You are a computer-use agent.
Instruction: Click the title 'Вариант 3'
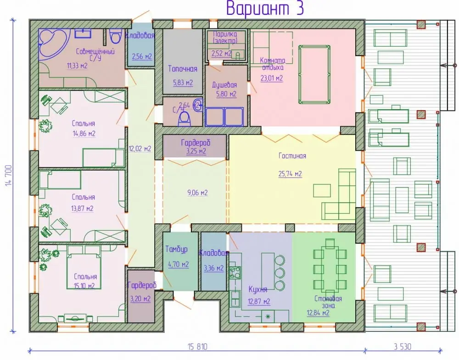coord(265,8)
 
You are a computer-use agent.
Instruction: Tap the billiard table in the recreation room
coord(314,74)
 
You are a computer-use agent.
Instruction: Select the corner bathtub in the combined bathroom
coord(54,44)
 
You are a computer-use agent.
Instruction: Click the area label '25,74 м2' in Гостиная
coord(290,174)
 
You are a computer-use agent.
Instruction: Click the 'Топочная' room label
coord(183,69)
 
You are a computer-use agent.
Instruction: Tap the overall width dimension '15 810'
coord(197,347)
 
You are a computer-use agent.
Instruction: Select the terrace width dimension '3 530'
coord(403,347)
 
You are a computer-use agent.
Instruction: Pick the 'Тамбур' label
coord(177,249)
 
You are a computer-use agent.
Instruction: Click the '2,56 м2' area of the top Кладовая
coord(142,56)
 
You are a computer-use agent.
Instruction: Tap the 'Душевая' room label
coord(224,85)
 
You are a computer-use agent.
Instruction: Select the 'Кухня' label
coord(257,289)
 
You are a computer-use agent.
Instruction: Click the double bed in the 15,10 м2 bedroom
coord(84,267)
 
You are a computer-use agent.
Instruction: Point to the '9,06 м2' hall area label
coord(197,193)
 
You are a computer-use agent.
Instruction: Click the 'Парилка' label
coord(225,34)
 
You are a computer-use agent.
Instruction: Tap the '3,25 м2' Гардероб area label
coord(196,151)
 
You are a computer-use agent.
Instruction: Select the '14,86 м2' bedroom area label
coord(84,133)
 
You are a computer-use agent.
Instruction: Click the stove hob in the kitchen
coord(235,272)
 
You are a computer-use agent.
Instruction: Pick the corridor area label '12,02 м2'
coord(140,149)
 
